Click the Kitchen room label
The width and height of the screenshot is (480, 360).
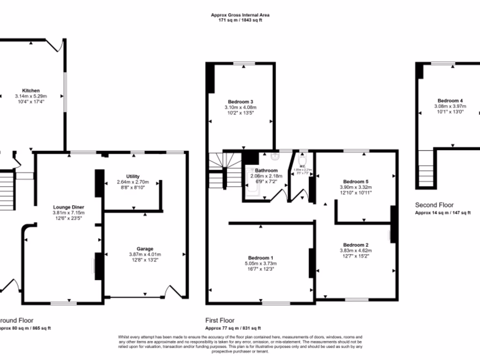pyautogui.click(x=30, y=90)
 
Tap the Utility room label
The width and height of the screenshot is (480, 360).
pyautogui.click(x=133, y=176)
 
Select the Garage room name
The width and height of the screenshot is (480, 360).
pyautogui.click(x=144, y=248)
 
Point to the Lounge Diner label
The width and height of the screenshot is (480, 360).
pyautogui.click(x=68, y=207)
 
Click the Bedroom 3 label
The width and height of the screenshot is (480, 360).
pyautogui.click(x=240, y=102)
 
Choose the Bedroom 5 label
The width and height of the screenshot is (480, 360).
pyautogui.click(x=356, y=181)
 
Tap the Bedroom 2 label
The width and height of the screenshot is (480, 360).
pyautogui.click(x=356, y=245)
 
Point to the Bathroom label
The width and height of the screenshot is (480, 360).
pyautogui.click(x=266, y=171)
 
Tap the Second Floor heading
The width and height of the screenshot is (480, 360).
pyautogui.click(x=435, y=205)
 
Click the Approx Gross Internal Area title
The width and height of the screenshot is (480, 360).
pyautogui.click(x=240, y=15)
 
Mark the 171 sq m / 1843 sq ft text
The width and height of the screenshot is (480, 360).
pyautogui.click(x=240, y=21)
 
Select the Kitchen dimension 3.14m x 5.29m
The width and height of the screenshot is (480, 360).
pyautogui.click(x=30, y=96)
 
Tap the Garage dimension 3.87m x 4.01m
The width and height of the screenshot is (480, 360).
pyautogui.click(x=144, y=254)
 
